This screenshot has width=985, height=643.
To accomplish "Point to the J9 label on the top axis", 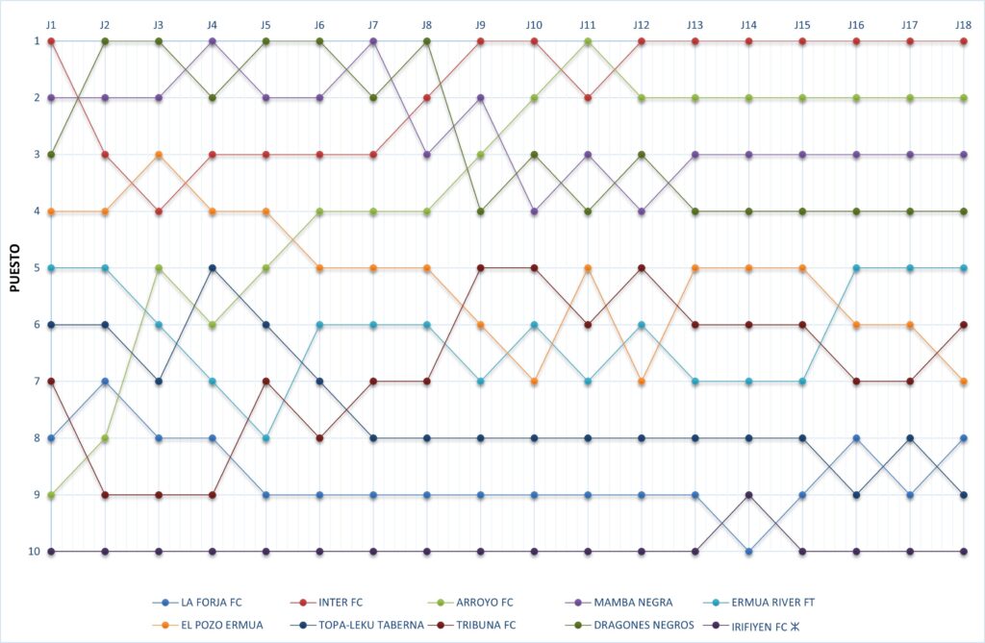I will pyautogui.click(x=480, y=22).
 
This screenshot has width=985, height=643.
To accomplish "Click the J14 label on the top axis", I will pyautogui.click(x=748, y=22).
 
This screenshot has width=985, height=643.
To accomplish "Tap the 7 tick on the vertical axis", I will pyautogui.click(x=37, y=382).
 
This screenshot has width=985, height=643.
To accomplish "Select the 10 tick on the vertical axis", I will pyautogui.click(x=35, y=552).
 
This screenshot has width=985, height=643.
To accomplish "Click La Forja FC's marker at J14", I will pyautogui.click(x=748, y=552).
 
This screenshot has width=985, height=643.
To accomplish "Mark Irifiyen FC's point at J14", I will pyautogui.click(x=748, y=495).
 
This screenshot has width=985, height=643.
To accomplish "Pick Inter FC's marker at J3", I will pyautogui.click(x=159, y=211).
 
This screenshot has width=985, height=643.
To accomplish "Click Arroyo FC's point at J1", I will pyautogui.click(x=51, y=495).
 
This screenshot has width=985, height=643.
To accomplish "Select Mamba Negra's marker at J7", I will pyautogui.click(x=373, y=41).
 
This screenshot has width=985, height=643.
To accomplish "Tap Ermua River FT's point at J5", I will pyautogui.click(x=265, y=438).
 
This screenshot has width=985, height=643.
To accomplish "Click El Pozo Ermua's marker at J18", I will pyautogui.click(x=964, y=382).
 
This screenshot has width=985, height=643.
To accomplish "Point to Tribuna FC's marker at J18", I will pyautogui.click(x=964, y=325).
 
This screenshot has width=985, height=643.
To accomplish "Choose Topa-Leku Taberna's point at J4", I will pyautogui.click(x=213, y=268).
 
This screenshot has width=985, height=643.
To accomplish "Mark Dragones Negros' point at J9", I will pyautogui.click(x=480, y=211).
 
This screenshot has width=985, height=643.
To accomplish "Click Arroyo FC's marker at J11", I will pyautogui.click(x=588, y=41).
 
